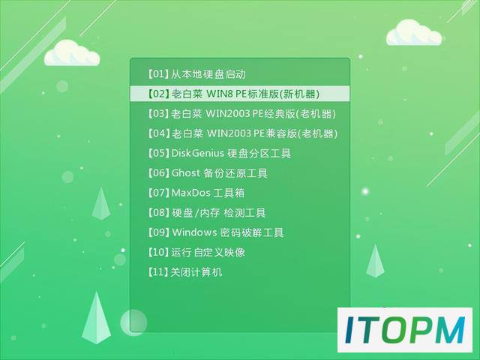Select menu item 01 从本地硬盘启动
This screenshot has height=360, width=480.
(x=196, y=74)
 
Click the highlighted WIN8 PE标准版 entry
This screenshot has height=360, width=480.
(x=234, y=94)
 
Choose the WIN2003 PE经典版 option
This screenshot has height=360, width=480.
(x=241, y=114)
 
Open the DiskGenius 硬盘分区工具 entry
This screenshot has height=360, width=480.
(x=219, y=153)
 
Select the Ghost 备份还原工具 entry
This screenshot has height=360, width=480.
(x=208, y=173)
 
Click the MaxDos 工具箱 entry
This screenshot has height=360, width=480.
(x=196, y=193)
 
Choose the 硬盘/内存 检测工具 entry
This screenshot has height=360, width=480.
(x=207, y=213)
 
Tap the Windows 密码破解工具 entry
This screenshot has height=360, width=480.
(x=216, y=232)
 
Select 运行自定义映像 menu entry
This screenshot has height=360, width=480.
(x=196, y=252)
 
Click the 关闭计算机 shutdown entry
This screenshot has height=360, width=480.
(x=184, y=271)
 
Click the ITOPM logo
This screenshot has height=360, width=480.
(x=405, y=330)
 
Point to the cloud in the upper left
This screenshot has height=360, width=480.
(x=72, y=53)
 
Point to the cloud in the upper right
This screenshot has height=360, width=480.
(x=414, y=33)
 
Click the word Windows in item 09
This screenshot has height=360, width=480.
(x=194, y=232)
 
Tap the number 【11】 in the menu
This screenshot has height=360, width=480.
(x=158, y=271)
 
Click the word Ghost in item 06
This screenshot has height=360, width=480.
(x=186, y=173)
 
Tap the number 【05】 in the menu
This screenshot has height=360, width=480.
(x=158, y=153)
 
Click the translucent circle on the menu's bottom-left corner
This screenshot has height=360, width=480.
(x=133, y=322)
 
